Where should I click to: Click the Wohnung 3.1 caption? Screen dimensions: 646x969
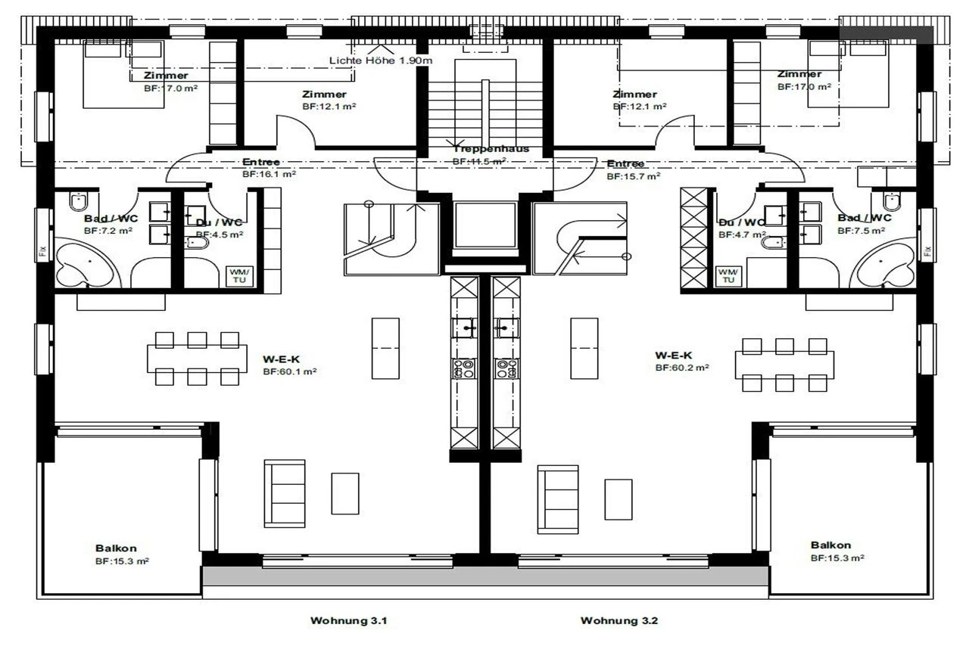click(349, 621)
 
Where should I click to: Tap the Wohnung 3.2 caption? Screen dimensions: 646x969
click(619, 621)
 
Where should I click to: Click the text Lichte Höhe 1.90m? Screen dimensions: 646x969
click(381, 60)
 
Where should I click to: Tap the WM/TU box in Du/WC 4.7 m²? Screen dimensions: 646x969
click(728, 276)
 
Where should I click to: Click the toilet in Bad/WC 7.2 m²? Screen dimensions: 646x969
click(79, 201)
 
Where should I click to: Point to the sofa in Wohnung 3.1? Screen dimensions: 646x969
click(285, 493)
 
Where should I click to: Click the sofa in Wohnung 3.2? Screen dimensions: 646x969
click(558, 499)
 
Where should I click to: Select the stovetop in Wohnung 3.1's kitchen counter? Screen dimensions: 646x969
click(464, 369)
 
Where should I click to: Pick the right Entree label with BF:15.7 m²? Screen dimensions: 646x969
click(626, 164)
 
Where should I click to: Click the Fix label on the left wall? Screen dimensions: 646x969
click(42, 250)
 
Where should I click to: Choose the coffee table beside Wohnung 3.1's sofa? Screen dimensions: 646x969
click(345, 493)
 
